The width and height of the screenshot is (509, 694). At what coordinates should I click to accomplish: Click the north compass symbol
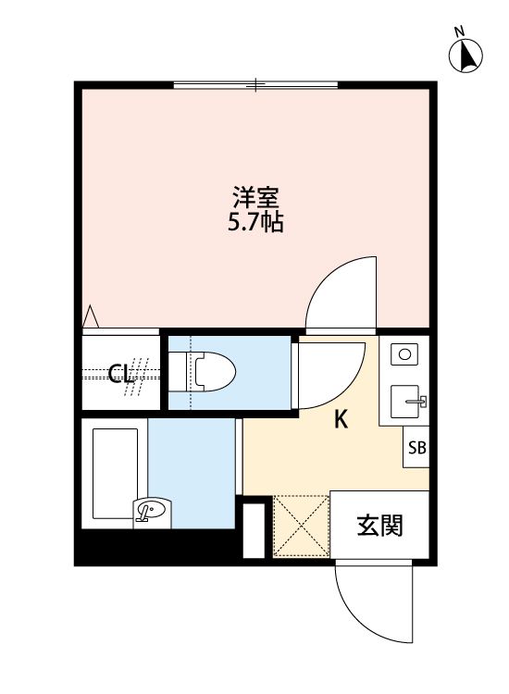click(x=467, y=55)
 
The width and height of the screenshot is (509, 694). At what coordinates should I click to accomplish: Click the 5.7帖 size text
click(x=256, y=223)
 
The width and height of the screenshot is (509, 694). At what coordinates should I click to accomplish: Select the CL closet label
click(x=120, y=374)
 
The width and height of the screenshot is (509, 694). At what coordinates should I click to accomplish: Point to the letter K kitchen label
click(x=341, y=420)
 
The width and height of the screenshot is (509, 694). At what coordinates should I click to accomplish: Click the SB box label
click(x=417, y=449)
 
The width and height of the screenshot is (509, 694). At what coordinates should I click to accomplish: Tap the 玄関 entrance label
click(x=379, y=526)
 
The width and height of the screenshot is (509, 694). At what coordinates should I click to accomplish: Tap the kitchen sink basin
click(x=407, y=402)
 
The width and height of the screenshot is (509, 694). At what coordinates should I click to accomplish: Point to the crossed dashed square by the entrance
click(x=301, y=527)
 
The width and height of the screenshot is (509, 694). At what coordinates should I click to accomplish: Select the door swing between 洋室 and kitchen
click(x=342, y=291)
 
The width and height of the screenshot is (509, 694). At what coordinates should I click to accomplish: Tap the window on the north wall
click(x=256, y=85)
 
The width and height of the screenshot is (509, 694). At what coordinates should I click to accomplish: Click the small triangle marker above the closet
click(x=91, y=316)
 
